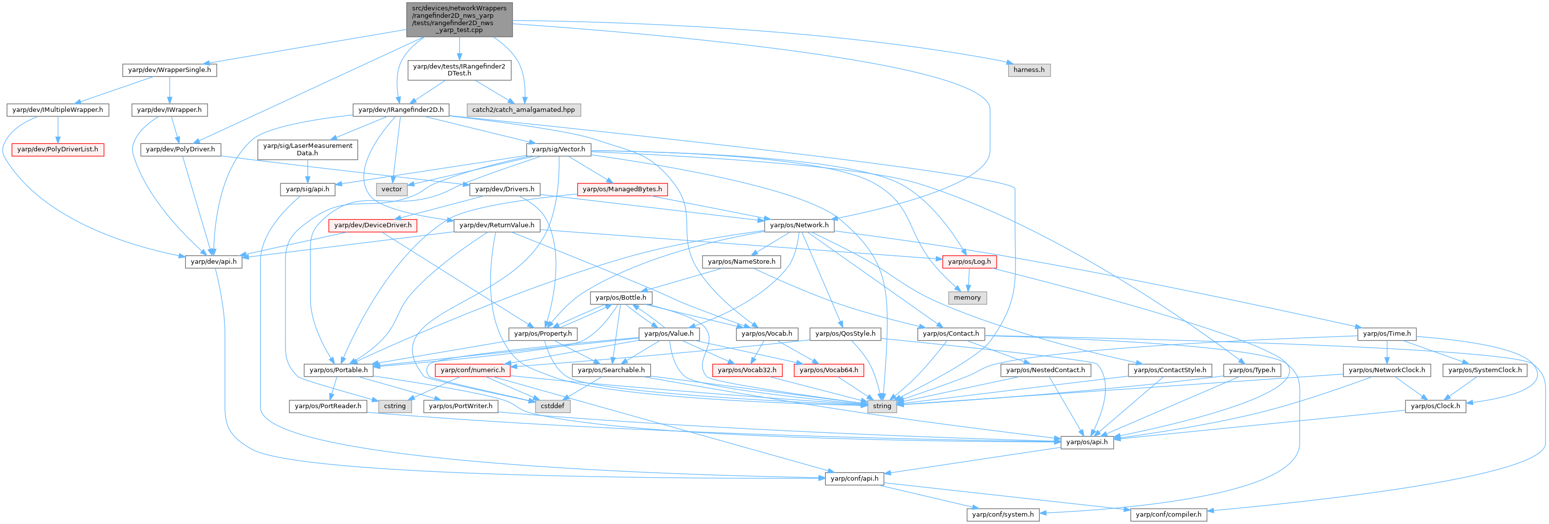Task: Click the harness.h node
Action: click(x=1028, y=70)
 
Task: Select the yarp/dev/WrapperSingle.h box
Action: click(x=170, y=70)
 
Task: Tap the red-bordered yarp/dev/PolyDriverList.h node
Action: click(x=58, y=149)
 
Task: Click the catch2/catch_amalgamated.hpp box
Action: click(x=523, y=110)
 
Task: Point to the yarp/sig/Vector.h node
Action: click(x=558, y=149)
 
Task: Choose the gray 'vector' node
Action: click(x=391, y=189)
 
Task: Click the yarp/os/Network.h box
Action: click(x=799, y=225)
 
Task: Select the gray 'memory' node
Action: click(x=967, y=297)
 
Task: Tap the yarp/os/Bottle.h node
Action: click(x=621, y=297)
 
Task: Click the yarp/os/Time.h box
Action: click(x=1387, y=334)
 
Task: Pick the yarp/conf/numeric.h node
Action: click(x=473, y=370)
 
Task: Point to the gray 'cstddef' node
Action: click(x=552, y=406)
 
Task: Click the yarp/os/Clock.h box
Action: click(x=1435, y=406)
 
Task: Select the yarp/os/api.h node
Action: click(x=1087, y=442)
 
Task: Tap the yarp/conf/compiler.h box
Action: click(x=1168, y=514)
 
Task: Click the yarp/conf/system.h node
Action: click(x=1002, y=514)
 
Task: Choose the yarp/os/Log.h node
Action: click(x=969, y=261)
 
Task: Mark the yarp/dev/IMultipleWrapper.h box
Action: click(x=58, y=110)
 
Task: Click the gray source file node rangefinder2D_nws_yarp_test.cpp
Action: click(x=459, y=19)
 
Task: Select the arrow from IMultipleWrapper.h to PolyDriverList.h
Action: click(x=58, y=129)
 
